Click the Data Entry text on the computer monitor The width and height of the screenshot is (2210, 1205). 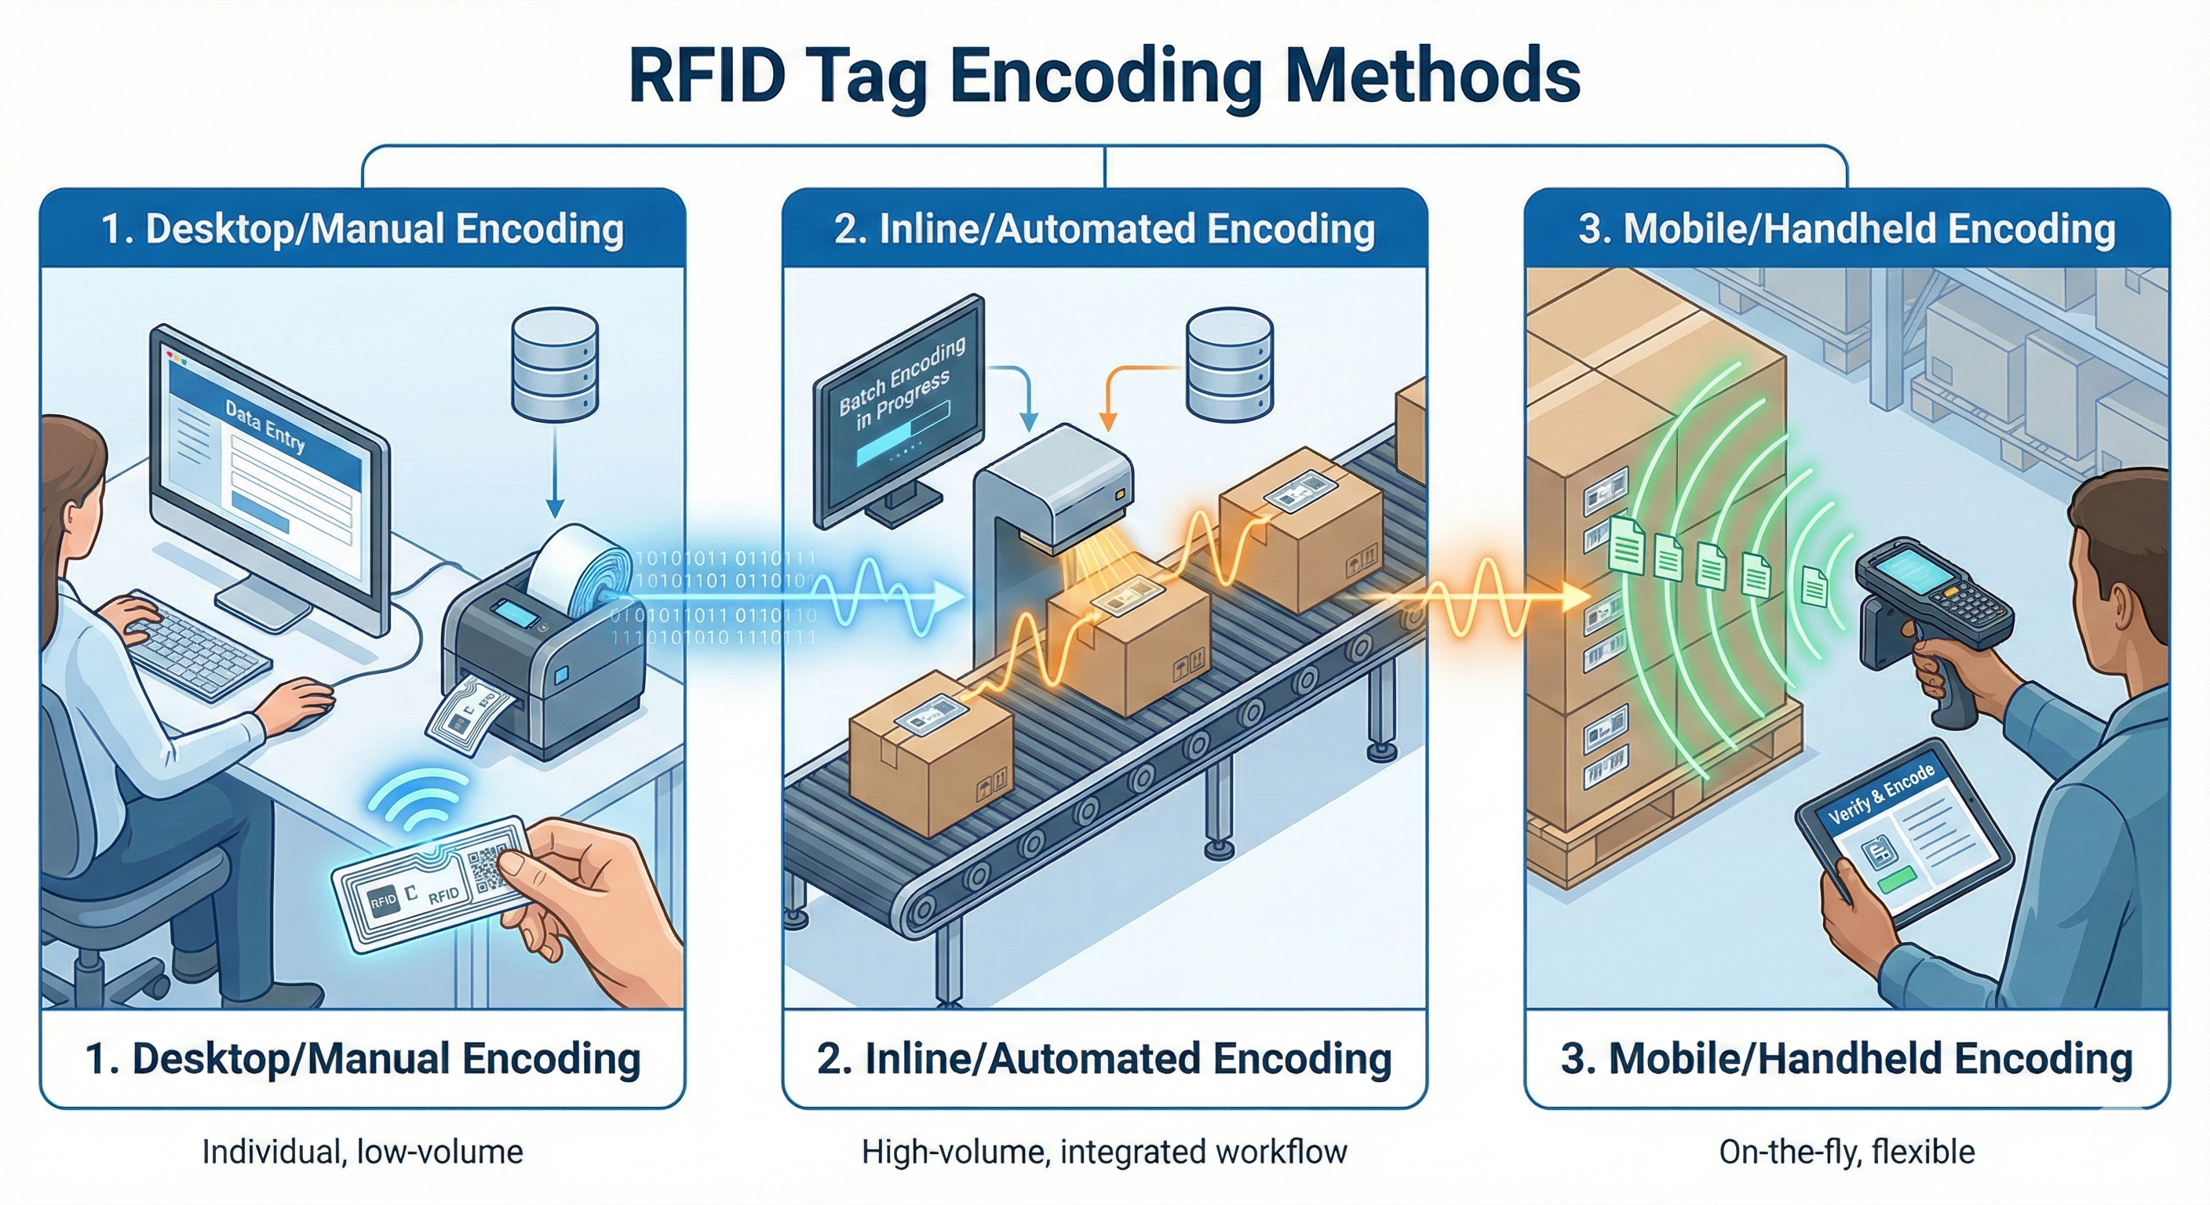[x=265, y=425]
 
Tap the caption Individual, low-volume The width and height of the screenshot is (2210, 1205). [x=362, y=1152]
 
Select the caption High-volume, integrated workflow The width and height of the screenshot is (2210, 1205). [x=1104, y=1152]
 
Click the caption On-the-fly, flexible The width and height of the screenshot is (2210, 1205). [x=1846, y=1152]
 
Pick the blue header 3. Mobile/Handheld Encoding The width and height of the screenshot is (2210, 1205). [x=1846, y=229]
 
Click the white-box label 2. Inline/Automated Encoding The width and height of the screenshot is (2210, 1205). [x=1104, y=1058]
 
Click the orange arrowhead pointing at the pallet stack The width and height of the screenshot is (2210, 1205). [x=1572, y=598]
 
